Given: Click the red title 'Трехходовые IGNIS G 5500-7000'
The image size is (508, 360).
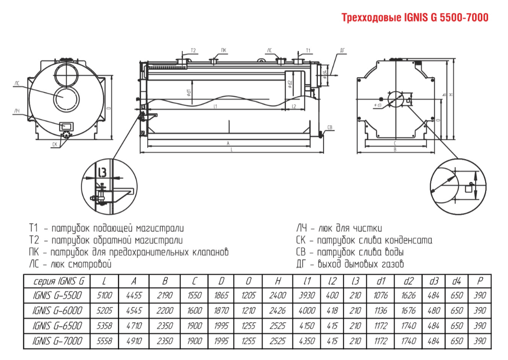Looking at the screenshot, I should point(415,18).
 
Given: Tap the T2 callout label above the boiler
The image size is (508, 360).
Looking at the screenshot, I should point(193,50).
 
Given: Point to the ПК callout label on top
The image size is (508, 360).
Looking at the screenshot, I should point(224,50).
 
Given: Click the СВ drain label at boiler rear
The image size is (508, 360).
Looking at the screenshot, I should point(329,128).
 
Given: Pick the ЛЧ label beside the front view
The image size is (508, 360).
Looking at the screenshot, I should point(17,110).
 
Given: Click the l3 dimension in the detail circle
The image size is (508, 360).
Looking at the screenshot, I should point(102,171).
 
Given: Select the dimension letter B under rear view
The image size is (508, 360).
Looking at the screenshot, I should point(395,150).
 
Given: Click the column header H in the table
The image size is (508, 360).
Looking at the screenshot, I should point(277,281).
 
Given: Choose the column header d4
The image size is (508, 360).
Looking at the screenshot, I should point(456,281).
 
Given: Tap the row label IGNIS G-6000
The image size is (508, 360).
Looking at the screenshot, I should point(59,311).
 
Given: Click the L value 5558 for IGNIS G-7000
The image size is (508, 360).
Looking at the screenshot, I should point(105,341).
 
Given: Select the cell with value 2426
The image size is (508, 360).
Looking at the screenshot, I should point(277,311).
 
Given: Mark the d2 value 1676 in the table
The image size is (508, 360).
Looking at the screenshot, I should point(408,311).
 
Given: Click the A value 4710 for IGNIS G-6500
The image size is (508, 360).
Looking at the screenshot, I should point(134,326).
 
